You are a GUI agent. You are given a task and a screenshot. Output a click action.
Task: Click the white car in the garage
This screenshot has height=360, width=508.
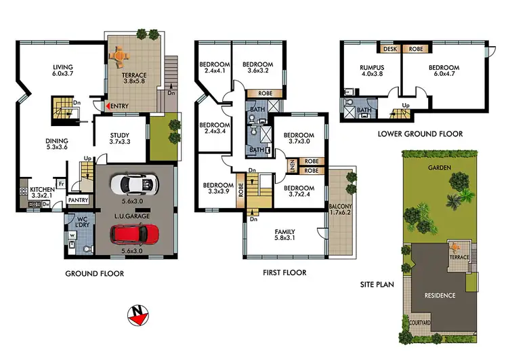pos(134,184)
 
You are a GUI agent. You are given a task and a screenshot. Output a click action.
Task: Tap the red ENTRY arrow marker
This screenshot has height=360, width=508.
pos(103,106)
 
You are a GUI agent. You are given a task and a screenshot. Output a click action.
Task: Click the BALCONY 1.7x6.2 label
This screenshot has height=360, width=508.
pos(341,210)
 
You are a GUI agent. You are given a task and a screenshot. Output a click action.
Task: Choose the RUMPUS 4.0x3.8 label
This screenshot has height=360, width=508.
pos(372,71)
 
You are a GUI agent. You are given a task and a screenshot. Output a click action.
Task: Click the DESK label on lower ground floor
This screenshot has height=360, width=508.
pos(390,49)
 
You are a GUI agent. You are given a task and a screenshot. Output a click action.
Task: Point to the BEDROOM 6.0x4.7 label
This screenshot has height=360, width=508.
pos(444,71)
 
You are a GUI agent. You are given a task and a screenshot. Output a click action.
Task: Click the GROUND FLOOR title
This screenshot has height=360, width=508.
pos(94,274)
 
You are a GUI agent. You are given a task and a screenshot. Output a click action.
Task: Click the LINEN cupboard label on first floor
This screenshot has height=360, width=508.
pos(291,166)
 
